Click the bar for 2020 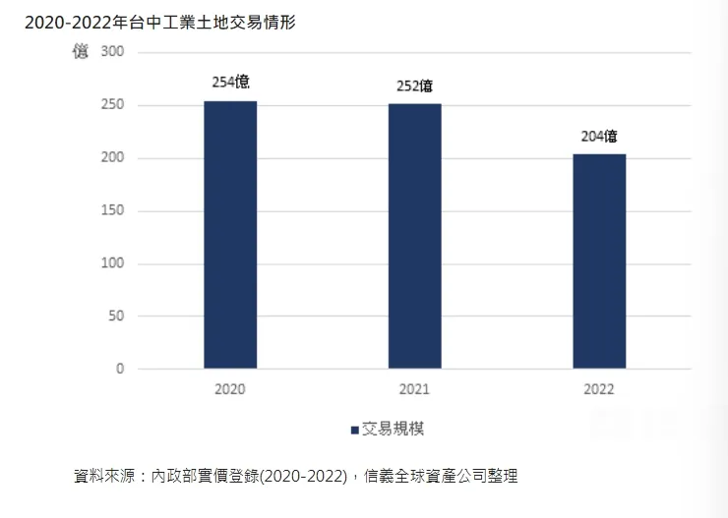point(230,235)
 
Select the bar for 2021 point(415,236)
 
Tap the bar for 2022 point(599,261)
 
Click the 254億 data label point(231,83)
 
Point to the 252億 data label point(415,86)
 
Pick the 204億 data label point(599,137)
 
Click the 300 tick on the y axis point(112,52)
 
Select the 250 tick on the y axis point(112,105)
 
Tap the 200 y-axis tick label point(112,158)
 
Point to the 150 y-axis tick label point(112,211)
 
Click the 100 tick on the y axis point(112,263)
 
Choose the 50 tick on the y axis point(116,317)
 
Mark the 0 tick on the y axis point(120,370)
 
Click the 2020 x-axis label point(230,389)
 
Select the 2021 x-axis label point(415,389)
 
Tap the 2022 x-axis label point(598,389)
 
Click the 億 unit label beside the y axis point(81,51)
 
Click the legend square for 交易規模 point(354,430)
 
